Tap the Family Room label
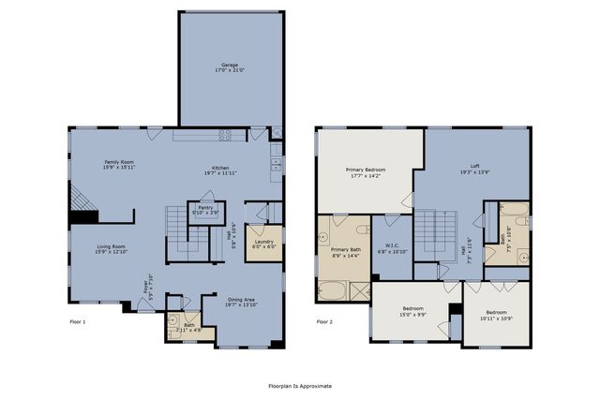pyautogui.click(x=118, y=165)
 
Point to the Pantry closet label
pyautogui.click(x=204, y=211)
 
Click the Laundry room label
pyautogui.click(x=263, y=244)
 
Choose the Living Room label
pyautogui.click(x=112, y=248)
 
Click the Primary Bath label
pyautogui.click(x=345, y=253)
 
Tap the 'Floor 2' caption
pyautogui.click(x=324, y=321)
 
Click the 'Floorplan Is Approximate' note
pyautogui.click(x=299, y=385)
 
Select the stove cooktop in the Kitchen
pyautogui.click(x=226, y=135)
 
